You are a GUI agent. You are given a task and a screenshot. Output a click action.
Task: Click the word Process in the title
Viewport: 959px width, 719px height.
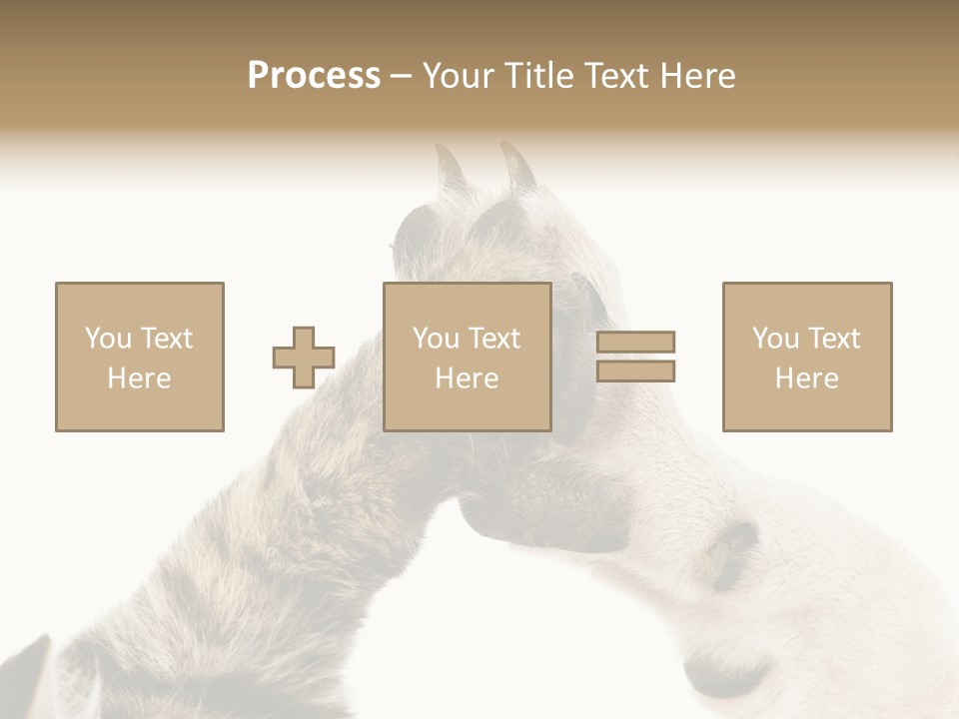314,76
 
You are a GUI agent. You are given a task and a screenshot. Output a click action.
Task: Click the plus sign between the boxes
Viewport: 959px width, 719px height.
304,358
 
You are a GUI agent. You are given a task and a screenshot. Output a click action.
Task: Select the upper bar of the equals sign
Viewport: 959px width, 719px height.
635,343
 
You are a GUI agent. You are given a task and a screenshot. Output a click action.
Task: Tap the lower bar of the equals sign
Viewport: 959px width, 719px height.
635,371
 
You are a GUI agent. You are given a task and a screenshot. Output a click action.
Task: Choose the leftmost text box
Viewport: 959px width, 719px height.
140,357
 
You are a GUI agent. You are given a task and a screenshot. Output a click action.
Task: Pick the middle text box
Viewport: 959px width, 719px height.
468,357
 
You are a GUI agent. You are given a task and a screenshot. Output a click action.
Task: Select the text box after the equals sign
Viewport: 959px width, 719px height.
807,357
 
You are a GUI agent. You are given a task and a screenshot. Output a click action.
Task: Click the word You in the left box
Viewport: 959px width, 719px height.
107,339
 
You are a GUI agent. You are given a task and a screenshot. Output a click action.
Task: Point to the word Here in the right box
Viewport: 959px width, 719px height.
807,378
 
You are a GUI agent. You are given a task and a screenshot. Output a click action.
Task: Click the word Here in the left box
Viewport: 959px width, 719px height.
140,378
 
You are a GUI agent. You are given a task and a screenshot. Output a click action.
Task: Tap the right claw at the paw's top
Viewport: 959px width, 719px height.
519,166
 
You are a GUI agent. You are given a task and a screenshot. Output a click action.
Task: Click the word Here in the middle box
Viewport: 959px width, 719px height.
468,378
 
